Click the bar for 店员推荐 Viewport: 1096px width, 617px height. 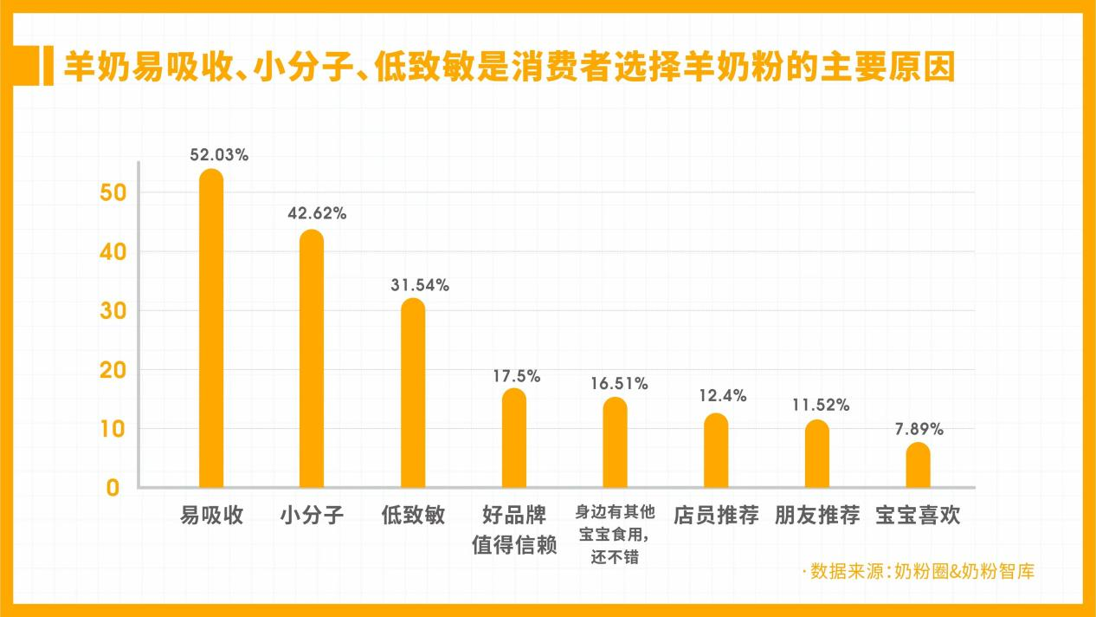coord(716,450)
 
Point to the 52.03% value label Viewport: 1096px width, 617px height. coord(220,155)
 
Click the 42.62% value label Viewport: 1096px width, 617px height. coord(317,213)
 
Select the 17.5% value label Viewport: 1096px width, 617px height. coord(516,376)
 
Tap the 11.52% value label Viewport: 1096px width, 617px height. coord(821,405)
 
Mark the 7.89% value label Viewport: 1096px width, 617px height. coord(919,429)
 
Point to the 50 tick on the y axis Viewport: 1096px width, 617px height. coord(113,193)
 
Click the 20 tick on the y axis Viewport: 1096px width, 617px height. coord(113,370)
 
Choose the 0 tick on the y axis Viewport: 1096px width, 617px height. coord(113,488)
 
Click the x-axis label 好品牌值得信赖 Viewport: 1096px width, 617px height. coord(514,531)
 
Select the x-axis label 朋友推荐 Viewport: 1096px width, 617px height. coord(817,516)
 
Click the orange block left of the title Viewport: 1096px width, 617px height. coord(48,67)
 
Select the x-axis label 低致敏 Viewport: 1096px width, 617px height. coord(413,516)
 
